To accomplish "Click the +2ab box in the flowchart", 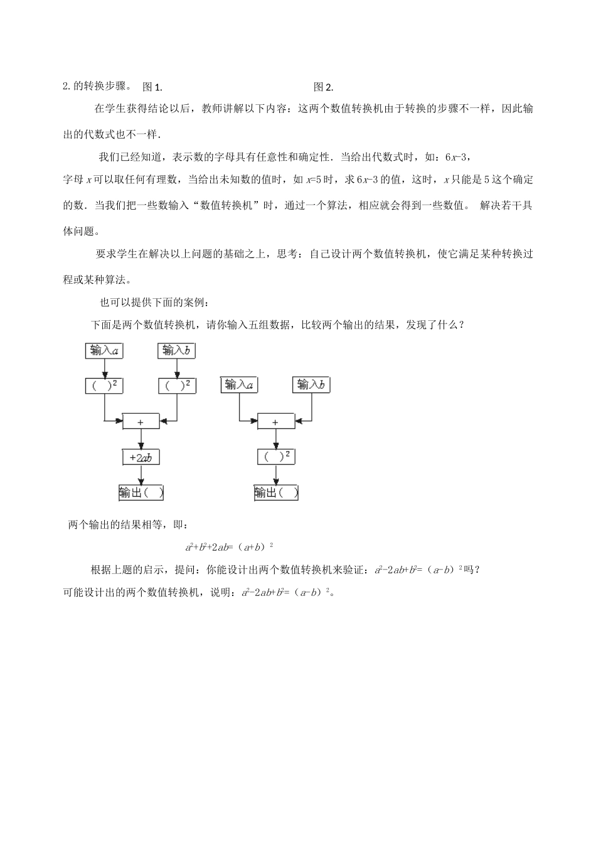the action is point(141,458).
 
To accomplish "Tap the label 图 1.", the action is point(152,87).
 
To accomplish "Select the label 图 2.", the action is point(323,87).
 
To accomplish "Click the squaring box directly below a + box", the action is point(275,457).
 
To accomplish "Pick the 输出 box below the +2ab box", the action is point(141,493).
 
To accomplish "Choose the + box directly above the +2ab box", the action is point(141,422).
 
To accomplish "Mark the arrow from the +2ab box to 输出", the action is point(141,475).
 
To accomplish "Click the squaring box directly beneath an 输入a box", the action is point(104,386).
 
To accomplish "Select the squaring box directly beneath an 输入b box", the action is point(177,386).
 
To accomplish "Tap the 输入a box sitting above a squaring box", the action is point(104,350).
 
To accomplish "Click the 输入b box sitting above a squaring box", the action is point(176,350).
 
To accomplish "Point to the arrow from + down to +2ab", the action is point(141,439).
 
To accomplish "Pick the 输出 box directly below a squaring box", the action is point(276,493).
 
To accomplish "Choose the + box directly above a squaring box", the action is point(275,422).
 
